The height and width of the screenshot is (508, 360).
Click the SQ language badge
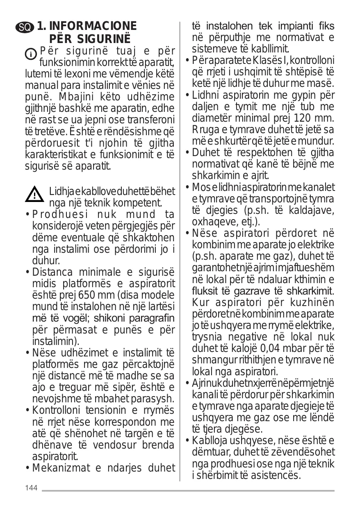[x=30, y=27]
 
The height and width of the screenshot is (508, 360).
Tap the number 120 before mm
[x=303, y=118]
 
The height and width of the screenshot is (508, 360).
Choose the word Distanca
[x=52, y=272]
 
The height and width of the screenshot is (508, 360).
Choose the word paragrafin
[x=155, y=318]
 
